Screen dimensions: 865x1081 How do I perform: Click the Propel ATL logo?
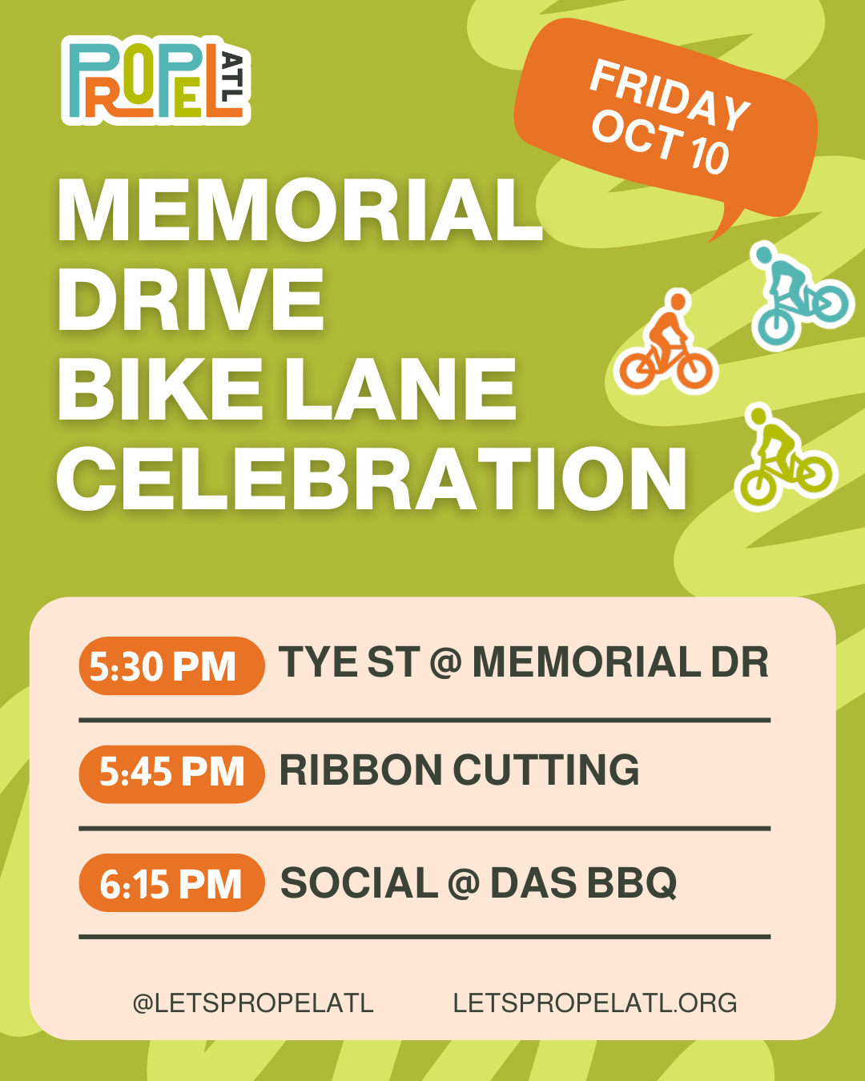156,80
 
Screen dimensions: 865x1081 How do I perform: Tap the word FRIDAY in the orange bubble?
670,95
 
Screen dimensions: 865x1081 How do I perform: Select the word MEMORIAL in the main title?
300,210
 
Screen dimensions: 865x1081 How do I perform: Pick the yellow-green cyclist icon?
785,456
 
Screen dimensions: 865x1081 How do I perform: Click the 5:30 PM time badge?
172,666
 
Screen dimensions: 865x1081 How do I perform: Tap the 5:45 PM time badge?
172,774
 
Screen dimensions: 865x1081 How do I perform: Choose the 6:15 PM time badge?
172,882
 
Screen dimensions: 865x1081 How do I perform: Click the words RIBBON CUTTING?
460,770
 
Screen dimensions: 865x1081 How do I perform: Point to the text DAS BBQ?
584,882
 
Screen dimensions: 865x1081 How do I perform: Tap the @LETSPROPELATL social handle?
253,1003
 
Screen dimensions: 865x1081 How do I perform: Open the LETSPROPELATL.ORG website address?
595,1003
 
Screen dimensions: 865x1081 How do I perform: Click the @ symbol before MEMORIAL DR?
446,662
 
